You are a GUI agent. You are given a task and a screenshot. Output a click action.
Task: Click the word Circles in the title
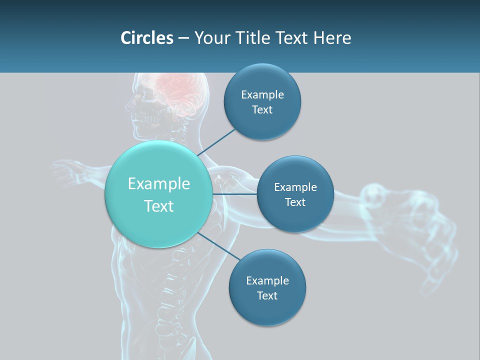tap(146, 38)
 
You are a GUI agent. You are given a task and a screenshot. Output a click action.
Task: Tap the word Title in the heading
tap(251, 38)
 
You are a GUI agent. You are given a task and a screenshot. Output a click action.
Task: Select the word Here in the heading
tap(332, 38)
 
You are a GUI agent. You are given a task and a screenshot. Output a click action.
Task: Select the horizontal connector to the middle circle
tap(235, 194)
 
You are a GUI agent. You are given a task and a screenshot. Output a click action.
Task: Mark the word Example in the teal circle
tap(159, 184)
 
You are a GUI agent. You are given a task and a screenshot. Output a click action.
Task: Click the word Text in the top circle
tap(262, 110)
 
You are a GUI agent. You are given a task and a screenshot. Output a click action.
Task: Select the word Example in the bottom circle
tap(267, 281)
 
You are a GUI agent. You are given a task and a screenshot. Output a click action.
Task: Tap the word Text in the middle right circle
tap(295, 202)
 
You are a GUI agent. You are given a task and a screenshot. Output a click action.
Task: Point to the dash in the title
tap(183, 38)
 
